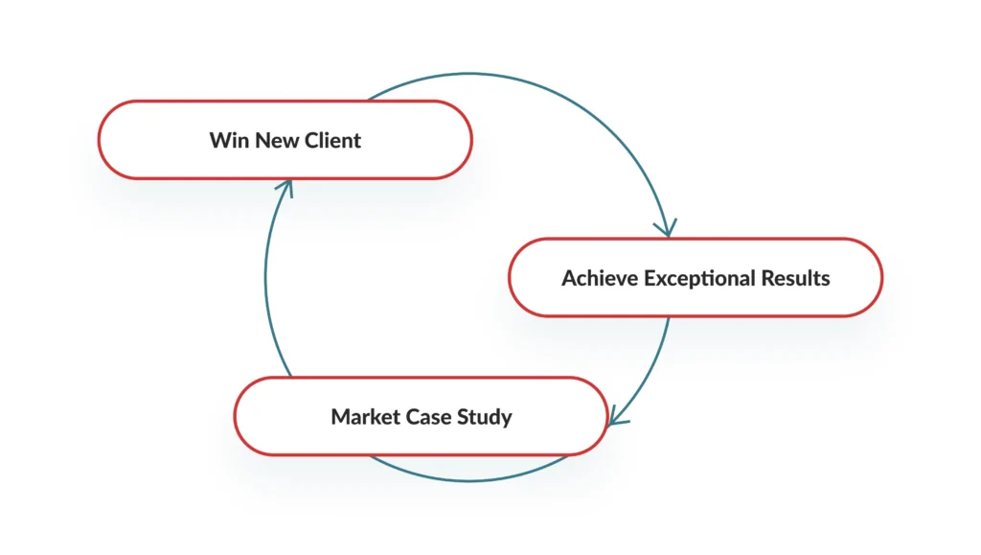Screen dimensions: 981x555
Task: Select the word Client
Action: pos(332,140)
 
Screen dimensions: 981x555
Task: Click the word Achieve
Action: pos(599,278)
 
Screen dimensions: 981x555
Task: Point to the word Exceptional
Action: pos(698,278)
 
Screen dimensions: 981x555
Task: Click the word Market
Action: pos(364,417)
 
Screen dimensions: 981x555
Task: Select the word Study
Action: pos(485,417)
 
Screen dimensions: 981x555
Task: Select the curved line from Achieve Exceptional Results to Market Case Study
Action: pos(650,376)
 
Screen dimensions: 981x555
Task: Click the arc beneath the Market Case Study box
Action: pos(469,480)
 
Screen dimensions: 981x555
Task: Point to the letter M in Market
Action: pos(340,417)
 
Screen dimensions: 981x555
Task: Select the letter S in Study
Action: pos(464,417)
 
